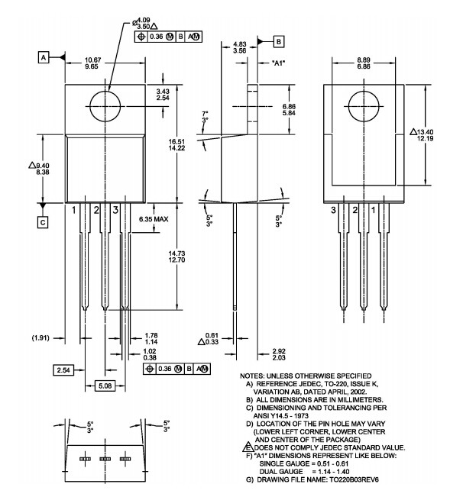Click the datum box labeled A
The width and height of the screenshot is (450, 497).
tap(44, 57)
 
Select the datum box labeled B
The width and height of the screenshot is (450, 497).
tap(278, 41)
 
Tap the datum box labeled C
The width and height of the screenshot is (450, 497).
tap(43, 222)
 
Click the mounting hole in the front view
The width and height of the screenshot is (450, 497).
tap(105, 106)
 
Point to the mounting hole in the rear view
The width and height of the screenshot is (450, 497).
tap(364, 106)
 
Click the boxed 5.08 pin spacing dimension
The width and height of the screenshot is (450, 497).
tap(105, 386)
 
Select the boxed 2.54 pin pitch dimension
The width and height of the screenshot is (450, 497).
tap(63, 370)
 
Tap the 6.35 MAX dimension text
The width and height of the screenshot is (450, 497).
tap(154, 219)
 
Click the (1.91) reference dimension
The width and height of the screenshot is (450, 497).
tap(40, 338)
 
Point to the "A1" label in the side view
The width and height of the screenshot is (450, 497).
tap(278, 63)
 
